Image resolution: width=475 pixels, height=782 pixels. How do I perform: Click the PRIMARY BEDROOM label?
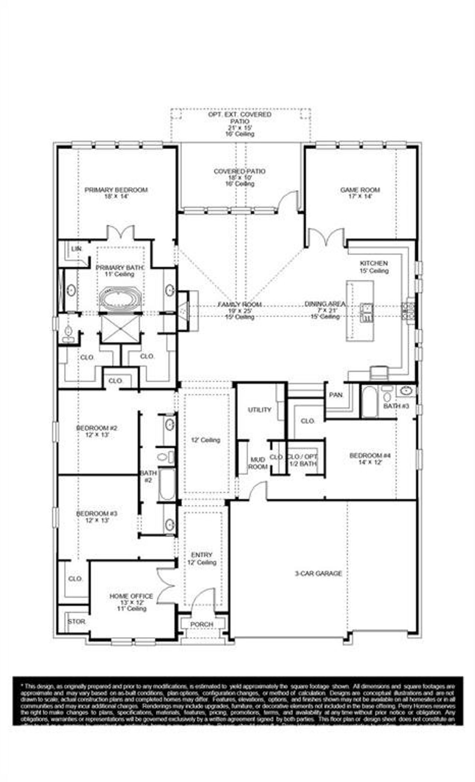coord(116,190)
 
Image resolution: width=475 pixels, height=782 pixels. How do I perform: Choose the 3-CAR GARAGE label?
coord(318,574)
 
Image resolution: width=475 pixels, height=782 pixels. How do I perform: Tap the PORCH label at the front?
coord(202,624)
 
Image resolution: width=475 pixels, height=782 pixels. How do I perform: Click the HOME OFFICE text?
coord(131,596)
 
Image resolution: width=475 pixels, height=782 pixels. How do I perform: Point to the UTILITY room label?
coord(259,410)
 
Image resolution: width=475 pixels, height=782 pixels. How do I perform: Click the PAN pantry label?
coord(336,395)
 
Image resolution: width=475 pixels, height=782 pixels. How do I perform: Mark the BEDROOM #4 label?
coord(366,455)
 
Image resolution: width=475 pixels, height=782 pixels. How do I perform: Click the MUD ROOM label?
coord(258,463)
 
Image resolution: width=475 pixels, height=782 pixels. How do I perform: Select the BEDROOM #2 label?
coord(97,428)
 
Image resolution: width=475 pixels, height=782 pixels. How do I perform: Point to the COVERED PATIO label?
coord(239,172)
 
